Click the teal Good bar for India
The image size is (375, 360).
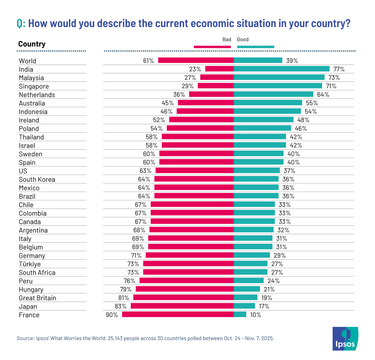pos(282,69)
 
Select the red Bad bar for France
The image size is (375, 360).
pos(178,314)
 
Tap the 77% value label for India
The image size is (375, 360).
pos(339,69)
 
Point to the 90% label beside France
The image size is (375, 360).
pos(112,315)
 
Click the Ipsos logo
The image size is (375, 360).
pos(345,339)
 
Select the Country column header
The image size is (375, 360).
pos(32,44)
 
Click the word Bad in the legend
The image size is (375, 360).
pos(227,39)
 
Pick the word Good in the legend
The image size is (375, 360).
pos(242,39)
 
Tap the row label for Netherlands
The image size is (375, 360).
pos(37,95)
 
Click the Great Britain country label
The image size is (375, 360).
pos(37,298)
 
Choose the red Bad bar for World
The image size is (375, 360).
pos(196,60)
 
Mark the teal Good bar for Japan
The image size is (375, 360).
pos(244,306)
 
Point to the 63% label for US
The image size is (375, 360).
pos(145,171)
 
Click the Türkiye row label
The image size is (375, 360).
pos(30,264)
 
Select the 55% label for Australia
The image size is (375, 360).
pos(312,103)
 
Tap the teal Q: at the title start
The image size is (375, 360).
pos(21,23)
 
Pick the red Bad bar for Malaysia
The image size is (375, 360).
pos(217,77)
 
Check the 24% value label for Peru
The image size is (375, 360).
pos(273,281)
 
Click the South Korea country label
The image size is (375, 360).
pos(37,180)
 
